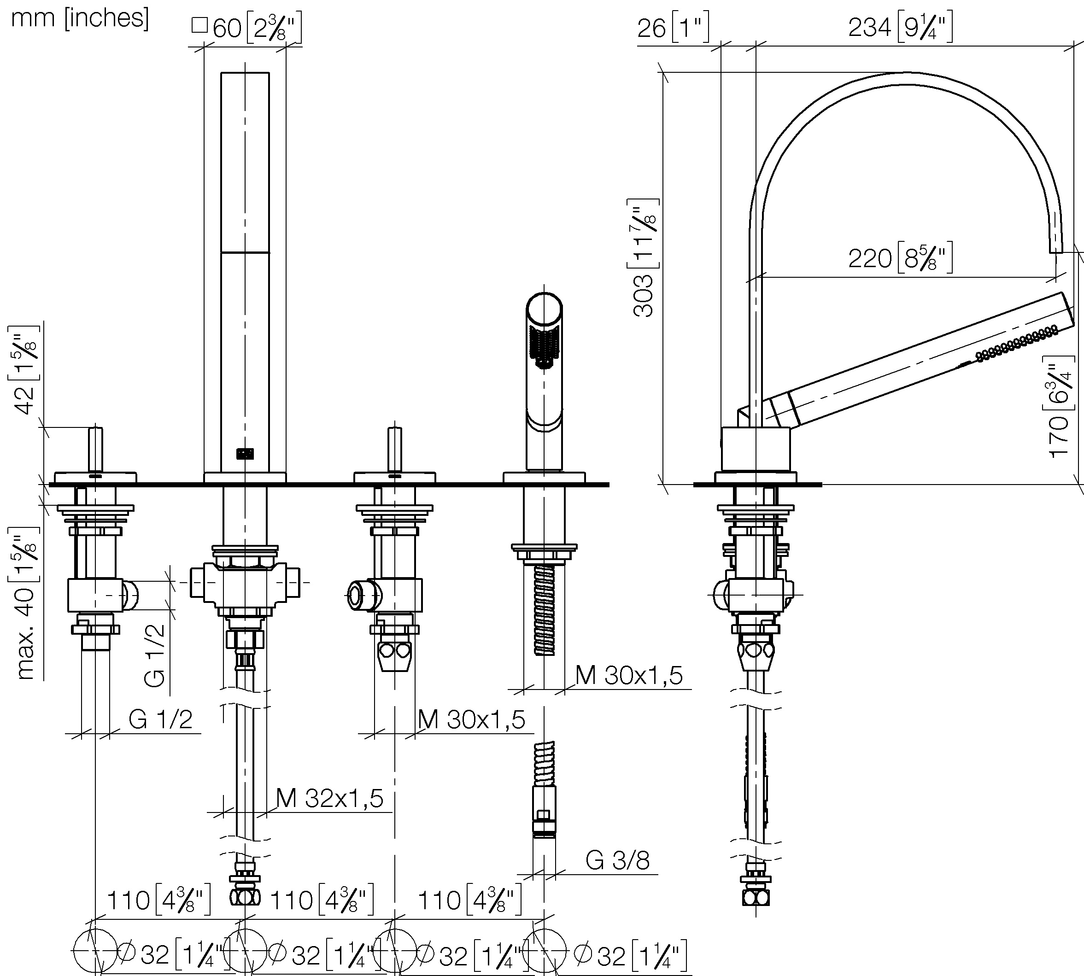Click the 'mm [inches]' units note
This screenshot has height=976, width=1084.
[x=80, y=18]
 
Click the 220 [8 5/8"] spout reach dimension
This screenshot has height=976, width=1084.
[x=901, y=258]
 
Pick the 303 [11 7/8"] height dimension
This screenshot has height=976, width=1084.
[x=643, y=257]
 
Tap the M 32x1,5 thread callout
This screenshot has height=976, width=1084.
[x=330, y=799]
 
